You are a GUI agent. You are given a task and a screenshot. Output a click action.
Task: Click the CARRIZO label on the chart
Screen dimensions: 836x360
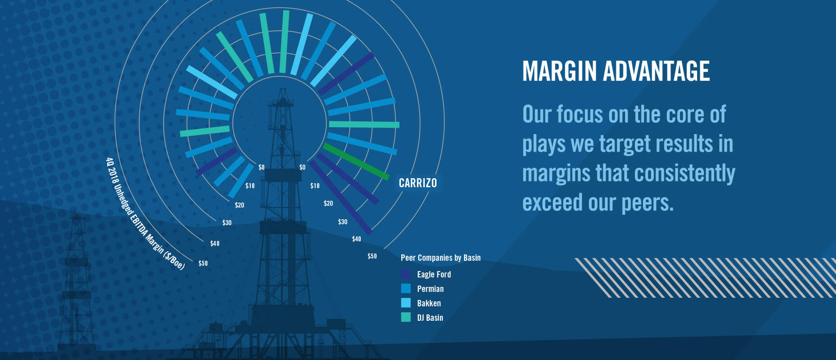418,183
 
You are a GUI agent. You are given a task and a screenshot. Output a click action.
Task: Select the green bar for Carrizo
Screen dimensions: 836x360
356,162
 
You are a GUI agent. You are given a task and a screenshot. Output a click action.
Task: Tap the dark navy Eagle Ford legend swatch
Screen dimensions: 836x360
406,274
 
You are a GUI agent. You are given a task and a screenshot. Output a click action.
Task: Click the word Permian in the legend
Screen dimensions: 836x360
430,289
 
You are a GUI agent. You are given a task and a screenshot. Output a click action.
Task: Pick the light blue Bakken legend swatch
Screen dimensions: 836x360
406,303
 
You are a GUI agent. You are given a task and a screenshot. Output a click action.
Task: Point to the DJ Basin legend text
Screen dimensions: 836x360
430,318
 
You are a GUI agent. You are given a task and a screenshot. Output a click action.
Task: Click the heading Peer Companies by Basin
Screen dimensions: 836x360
441,258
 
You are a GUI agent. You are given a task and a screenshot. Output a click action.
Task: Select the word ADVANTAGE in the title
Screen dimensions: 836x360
656,71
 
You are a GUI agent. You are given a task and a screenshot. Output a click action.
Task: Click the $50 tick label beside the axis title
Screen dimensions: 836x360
203,263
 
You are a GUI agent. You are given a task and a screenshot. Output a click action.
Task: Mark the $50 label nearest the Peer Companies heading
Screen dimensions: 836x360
372,256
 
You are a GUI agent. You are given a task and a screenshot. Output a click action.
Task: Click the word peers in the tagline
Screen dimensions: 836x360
648,203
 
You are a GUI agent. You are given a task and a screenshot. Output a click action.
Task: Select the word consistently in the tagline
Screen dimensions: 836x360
684,174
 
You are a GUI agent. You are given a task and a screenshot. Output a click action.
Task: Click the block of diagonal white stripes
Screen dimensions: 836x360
706,277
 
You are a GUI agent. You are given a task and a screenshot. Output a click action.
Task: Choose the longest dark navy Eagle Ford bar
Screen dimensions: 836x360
340,197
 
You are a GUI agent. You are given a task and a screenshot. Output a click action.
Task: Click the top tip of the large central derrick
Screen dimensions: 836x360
283,88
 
